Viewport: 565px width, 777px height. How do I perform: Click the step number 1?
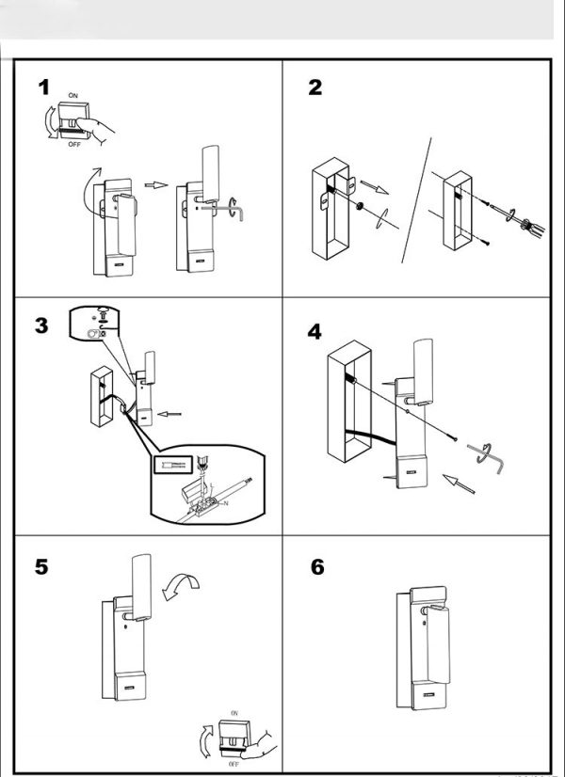(43, 88)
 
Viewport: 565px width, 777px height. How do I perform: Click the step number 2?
(315, 88)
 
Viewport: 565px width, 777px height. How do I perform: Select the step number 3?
(41, 325)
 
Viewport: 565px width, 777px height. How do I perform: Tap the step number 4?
(315, 331)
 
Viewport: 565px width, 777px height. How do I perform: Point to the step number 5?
(42, 567)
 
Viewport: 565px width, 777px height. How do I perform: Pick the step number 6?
(316, 567)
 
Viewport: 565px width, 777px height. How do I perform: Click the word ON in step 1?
(73, 97)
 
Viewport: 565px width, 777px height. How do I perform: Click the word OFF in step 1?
(73, 145)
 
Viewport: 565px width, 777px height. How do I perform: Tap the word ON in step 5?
(234, 714)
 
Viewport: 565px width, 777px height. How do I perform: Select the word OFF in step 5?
(234, 765)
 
